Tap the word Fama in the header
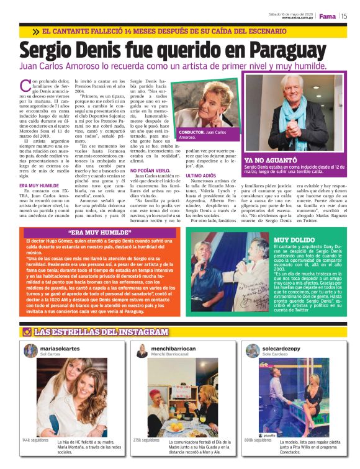pyautogui.click(x=327, y=16)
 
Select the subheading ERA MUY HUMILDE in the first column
pyautogui.click(x=40, y=185)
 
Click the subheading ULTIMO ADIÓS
pyautogui.click(x=200, y=176)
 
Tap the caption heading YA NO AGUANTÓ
pyautogui.click(x=266, y=160)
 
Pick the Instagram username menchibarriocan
pyautogui.click(x=173, y=349)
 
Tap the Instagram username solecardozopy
pyautogui.click(x=282, y=349)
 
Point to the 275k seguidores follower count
pyautogui.click(x=146, y=440)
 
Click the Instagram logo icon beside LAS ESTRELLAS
pyautogui.click(x=27, y=332)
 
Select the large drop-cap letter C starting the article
pyautogui.click(x=25, y=85)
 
